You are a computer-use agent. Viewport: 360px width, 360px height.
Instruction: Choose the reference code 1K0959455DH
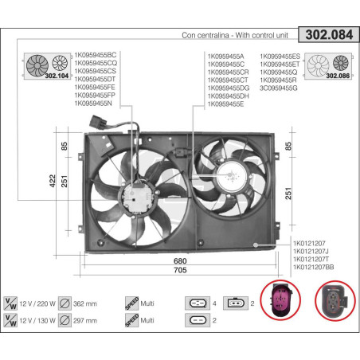[x=228, y=96]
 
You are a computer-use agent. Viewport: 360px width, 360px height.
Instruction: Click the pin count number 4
[x=215, y=303]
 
